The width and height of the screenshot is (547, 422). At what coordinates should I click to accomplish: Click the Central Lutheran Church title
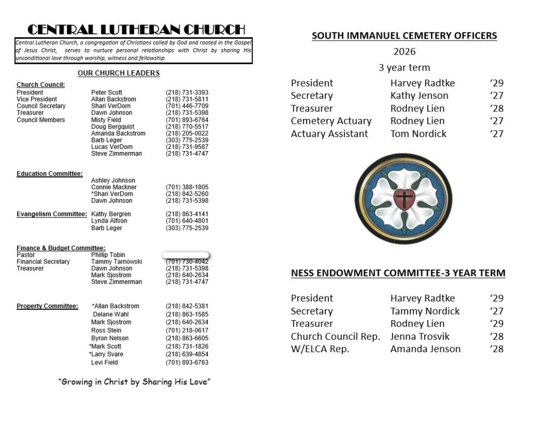click(136, 29)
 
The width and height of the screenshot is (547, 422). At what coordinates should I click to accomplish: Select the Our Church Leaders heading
click(119, 73)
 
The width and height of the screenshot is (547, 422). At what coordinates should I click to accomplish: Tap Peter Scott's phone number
click(187, 92)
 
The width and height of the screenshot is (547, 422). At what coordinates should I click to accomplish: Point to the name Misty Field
click(106, 120)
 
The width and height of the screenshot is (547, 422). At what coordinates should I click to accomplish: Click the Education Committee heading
click(50, 174)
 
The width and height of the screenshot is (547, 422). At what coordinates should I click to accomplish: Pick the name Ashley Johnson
click(113, 181)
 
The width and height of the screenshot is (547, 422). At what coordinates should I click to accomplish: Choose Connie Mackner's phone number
click(187, 187)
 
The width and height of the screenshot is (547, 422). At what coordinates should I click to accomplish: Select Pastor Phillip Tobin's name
click(108, 255)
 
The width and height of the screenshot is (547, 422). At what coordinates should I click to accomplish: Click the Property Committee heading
click(48, 306)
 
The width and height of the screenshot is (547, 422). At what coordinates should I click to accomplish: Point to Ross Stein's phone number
click(187, 330)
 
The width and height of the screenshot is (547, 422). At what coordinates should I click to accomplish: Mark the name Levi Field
click(105, 363)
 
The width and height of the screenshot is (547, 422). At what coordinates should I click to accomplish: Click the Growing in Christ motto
click(134, 382)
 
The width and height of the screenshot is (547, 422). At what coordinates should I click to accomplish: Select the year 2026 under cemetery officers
click(404, 52)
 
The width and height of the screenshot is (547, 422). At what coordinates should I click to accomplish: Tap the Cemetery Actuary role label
click(331, 121)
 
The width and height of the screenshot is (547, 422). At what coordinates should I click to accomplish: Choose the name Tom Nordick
click(418, 134)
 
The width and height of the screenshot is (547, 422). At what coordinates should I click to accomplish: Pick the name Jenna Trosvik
click(420, 337)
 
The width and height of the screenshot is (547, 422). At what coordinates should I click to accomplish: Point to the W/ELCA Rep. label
click(320, 349)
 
